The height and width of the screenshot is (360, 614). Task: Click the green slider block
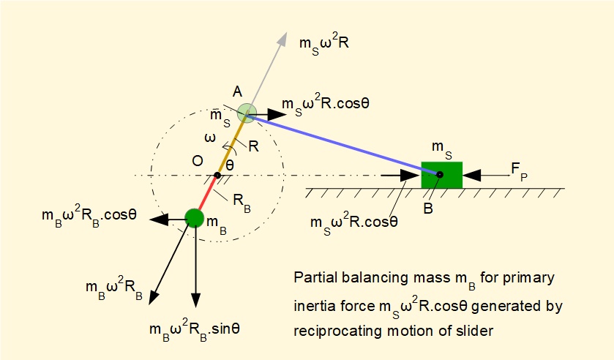(441, 175)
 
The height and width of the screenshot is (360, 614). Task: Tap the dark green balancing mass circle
(194, 217)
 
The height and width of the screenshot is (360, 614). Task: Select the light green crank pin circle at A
(247, 112)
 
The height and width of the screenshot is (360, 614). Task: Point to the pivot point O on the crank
(217, 175)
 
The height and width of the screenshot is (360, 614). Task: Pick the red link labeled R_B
(206, 195)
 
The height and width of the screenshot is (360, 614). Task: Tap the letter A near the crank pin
(237, 93)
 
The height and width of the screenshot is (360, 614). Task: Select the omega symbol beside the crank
(209, 138)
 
